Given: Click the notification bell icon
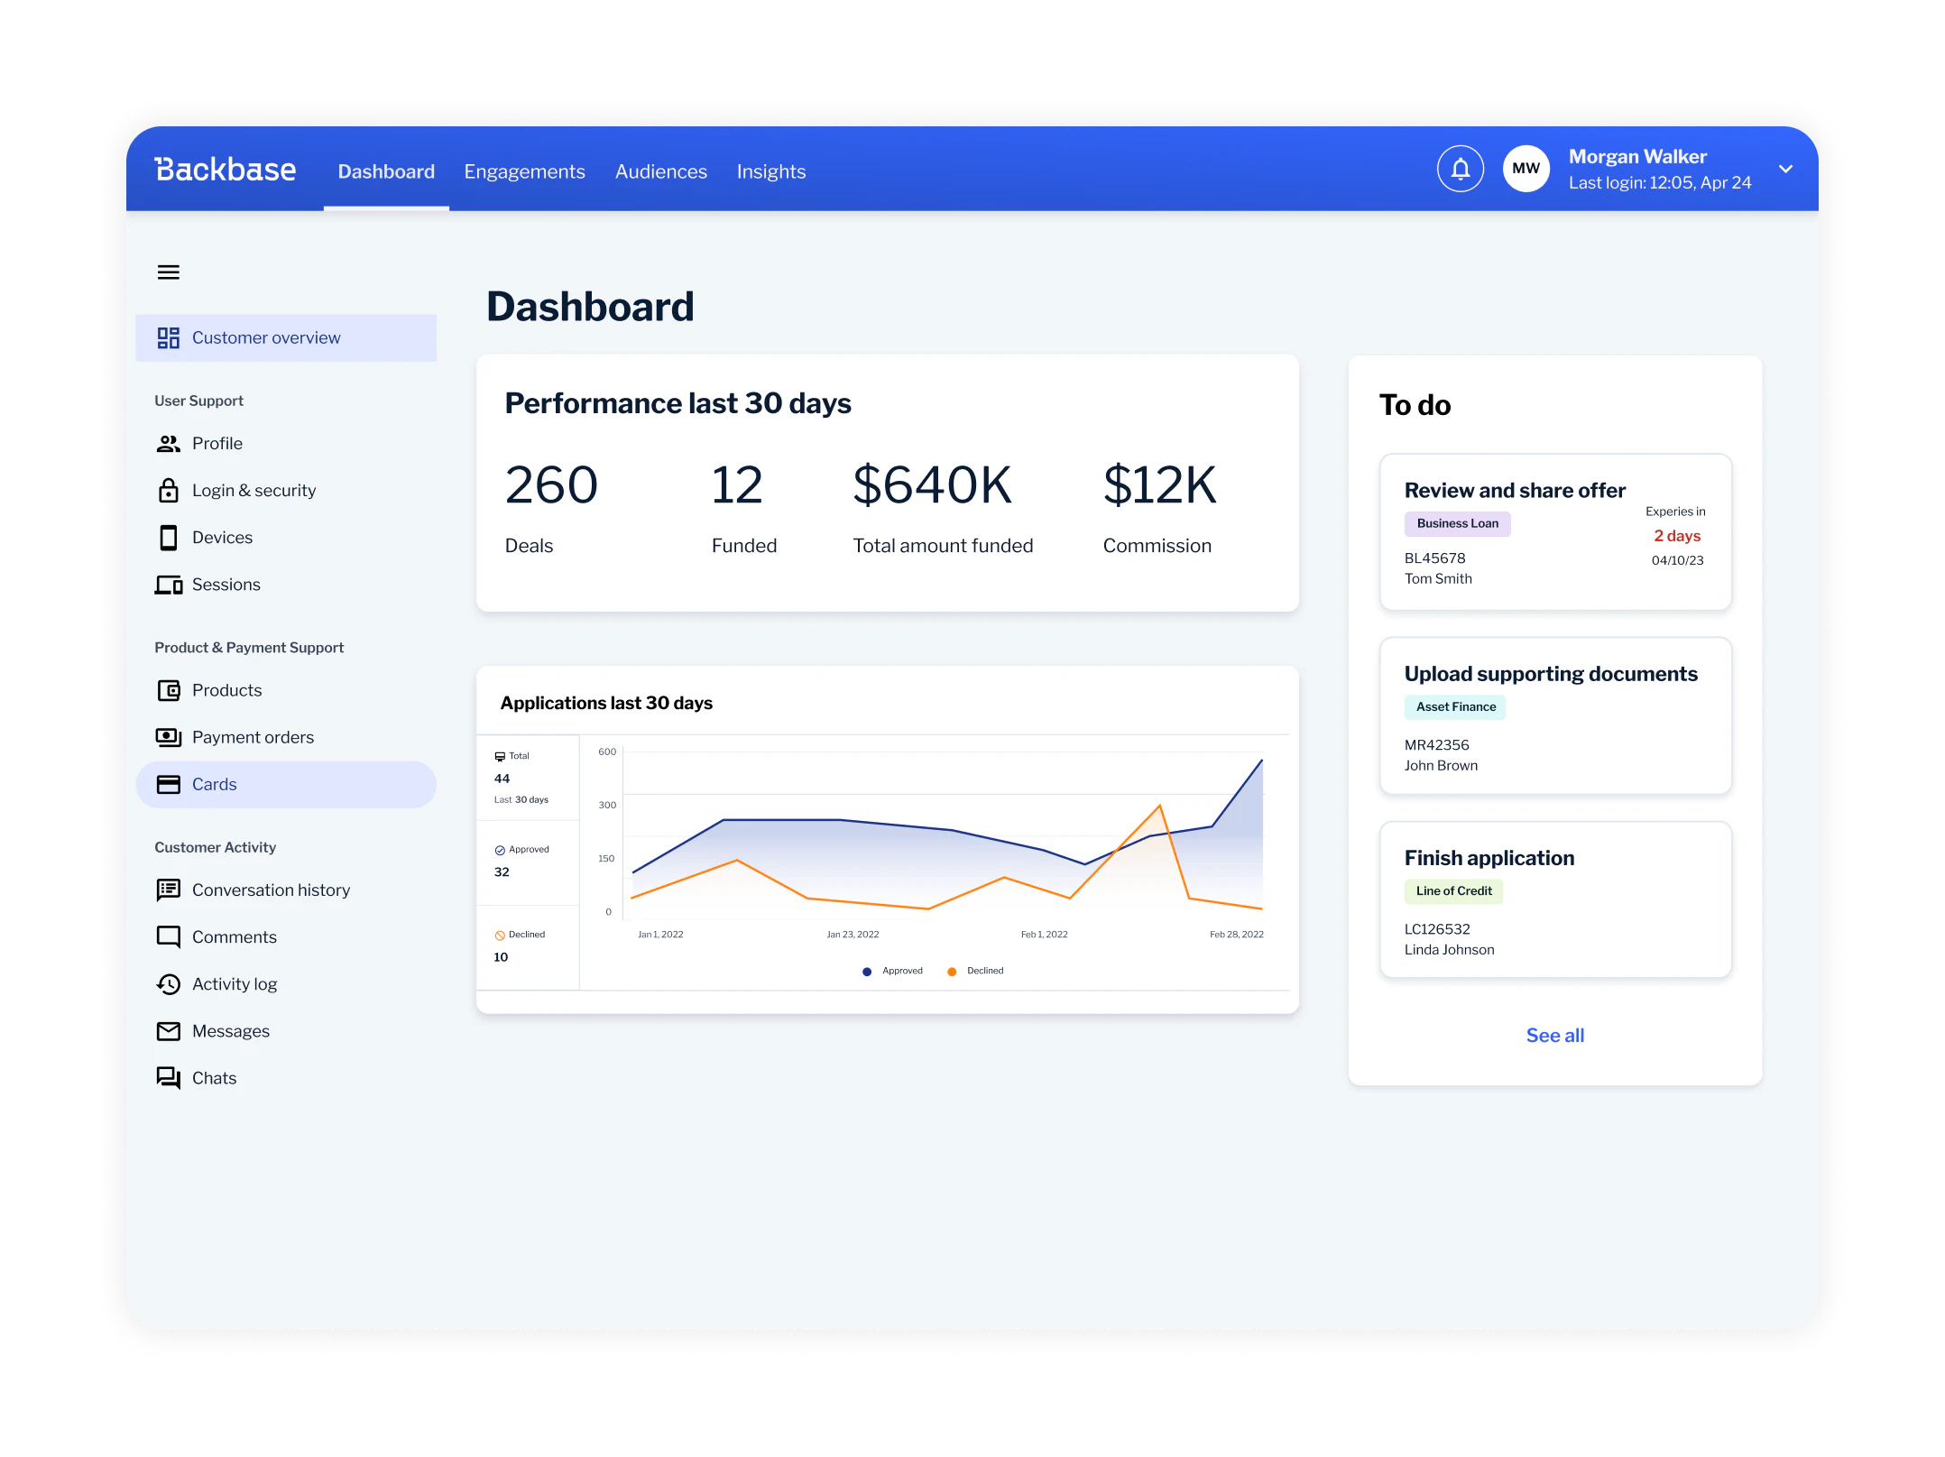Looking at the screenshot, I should point(1460,169).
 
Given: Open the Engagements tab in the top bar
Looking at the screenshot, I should point(524,171).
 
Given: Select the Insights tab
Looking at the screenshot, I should point(770,171).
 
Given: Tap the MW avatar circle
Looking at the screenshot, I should point(1526,169).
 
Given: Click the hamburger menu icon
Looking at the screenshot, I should point(169,272).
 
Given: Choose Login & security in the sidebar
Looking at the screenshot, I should point(253,491).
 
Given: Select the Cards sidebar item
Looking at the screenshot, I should point(214,785).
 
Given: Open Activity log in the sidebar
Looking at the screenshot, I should point(234,984).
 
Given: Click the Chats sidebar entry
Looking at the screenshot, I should point(214,1078).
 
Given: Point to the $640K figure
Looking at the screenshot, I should point(932,485).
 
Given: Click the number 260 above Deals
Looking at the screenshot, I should point(551,485).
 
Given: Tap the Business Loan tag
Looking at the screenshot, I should point(1456,523).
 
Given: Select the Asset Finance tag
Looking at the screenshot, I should point(1454,707).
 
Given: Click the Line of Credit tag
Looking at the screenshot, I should point(1452,891).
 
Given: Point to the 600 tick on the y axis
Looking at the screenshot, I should point(607,752).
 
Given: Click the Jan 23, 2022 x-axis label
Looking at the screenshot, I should point(853,935).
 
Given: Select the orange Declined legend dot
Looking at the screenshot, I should point(952,972).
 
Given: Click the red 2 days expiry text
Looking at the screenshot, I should point(1676,536).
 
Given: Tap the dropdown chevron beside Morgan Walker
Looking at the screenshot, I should point(1785,169).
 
